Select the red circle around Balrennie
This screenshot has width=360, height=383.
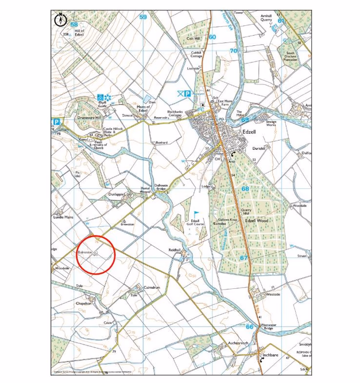pos(96,254)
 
